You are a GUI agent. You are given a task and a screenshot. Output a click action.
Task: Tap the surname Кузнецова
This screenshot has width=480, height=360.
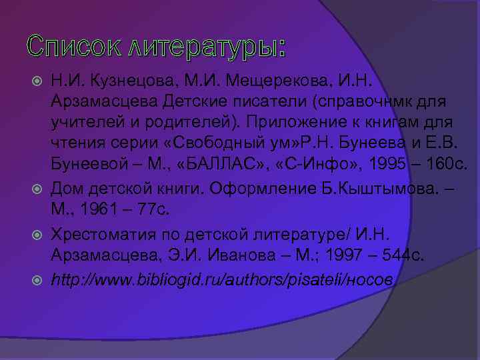pyautogui.click(x=131, y=81)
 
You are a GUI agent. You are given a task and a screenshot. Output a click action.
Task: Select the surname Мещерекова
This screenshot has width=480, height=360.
pyautogui.click(x=269, y=81)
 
